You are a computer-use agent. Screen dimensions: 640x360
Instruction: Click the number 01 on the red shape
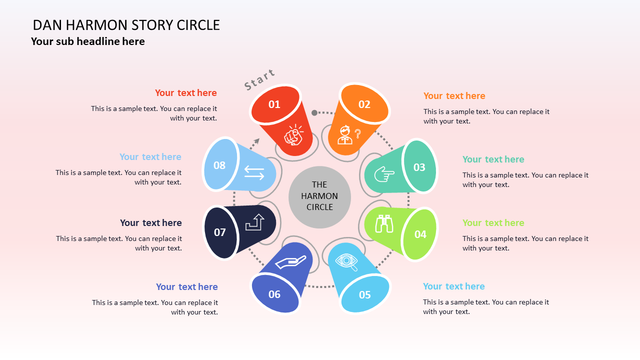click(274, 104)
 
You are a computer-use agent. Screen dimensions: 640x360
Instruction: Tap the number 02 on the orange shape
click(364, 104)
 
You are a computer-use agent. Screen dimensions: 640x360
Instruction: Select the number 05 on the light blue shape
click(365, 295)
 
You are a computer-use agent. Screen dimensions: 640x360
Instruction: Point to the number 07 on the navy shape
click(220, 232)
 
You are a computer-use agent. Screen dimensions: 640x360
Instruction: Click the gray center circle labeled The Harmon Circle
click(319, 196)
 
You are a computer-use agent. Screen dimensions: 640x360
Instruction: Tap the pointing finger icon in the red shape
click(294, 135)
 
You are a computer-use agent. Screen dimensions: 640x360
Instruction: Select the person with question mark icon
click(349, 134)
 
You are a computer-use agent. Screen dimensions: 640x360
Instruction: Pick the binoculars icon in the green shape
click(384, 223)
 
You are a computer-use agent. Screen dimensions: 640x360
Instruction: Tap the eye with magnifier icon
click(346, 262)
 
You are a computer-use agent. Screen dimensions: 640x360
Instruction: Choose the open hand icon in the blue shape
click(290, 262)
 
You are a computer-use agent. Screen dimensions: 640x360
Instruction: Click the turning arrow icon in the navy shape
click(254, 222)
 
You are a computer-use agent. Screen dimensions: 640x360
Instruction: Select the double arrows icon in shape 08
click(254, 173)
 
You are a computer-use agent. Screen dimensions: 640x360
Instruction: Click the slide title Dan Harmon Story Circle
click(126, 25)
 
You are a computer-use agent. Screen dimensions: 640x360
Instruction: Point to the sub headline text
click(88, 41)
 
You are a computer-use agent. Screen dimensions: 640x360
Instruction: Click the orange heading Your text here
click(454, 96)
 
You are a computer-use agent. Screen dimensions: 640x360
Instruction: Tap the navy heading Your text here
click(150, 223)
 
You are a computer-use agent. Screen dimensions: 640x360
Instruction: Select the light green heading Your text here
click(493, 223)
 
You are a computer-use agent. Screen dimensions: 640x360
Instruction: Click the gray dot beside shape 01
click(314, 113)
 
